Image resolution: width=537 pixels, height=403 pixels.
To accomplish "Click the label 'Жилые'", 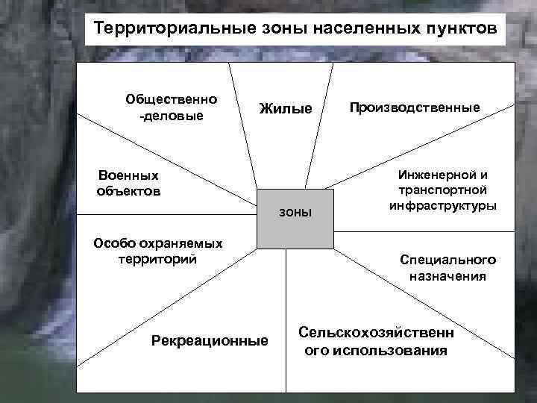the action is point(286,109).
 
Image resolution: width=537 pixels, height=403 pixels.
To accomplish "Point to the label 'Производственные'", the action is point(415,107).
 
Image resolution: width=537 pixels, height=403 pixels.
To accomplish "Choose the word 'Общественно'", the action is point(172,99).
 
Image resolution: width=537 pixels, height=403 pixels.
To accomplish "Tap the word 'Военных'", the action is point(128,175).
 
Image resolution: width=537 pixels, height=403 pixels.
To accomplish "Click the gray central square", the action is point(295,231).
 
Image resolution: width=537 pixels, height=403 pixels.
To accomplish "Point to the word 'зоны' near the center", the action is point(295,212).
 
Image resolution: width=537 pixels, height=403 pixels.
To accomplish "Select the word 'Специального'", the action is point(447,260).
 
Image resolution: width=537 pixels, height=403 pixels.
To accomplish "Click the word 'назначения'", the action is point(447,275).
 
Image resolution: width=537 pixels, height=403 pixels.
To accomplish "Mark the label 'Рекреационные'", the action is point(210,340).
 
